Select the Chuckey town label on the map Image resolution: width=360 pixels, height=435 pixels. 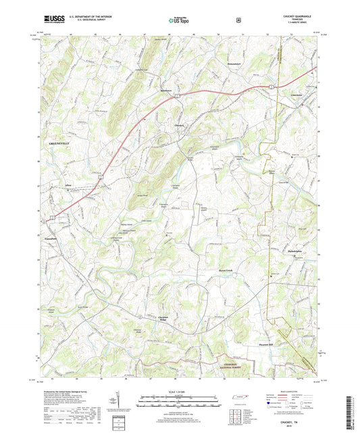tap(180, 124)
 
